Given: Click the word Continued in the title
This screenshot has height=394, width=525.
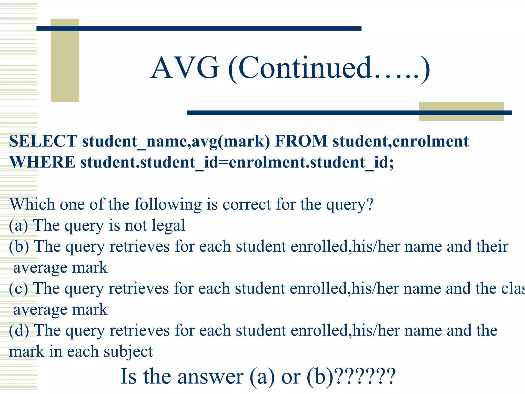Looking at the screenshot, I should point(305,68).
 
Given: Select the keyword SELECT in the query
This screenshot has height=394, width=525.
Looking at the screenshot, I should point(43,141).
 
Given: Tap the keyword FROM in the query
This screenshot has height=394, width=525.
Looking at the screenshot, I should point(301,141).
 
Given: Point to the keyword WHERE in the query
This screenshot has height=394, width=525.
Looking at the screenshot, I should point(43,162).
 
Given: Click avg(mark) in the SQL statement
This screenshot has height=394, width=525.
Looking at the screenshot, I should point(231,142).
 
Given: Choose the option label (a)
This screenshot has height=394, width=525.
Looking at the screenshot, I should point(18,225).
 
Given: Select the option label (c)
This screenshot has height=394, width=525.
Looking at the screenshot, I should point(18,289).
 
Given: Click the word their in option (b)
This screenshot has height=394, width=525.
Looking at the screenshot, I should point(492,247).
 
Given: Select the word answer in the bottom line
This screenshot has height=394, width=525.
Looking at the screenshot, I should point(210,376).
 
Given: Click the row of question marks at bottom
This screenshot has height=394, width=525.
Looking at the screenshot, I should point(365,376).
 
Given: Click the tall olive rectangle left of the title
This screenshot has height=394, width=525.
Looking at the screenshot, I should point(65,60).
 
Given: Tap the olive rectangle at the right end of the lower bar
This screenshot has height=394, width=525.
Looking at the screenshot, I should point(461,111).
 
